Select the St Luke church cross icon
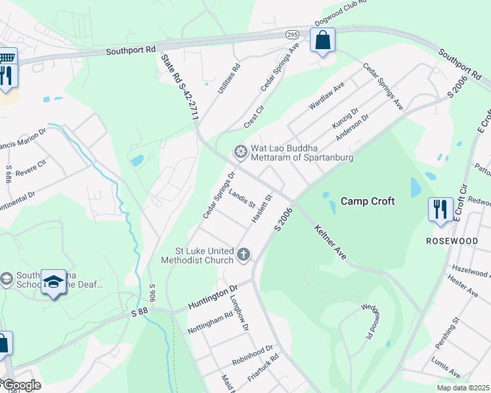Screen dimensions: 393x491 pos(244,254)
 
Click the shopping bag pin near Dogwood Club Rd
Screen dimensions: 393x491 pos(322,41)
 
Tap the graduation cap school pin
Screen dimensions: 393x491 pos(54,282)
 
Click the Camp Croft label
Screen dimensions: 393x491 pos(367,201)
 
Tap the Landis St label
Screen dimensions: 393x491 pos(242,198)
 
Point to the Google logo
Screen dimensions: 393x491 pos(21,384)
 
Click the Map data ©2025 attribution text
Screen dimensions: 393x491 pos(462,388)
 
